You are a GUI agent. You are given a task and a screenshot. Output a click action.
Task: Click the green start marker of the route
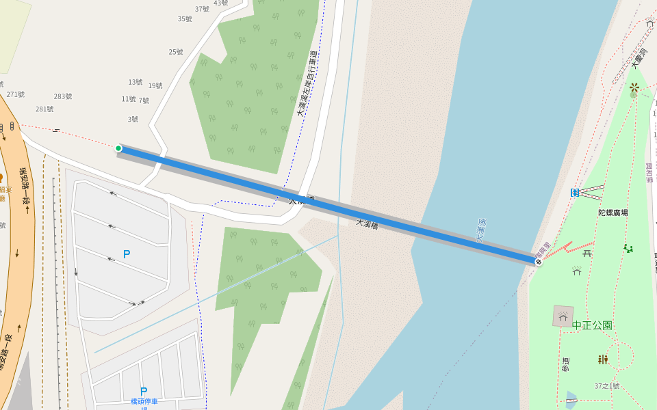tap(118, 148)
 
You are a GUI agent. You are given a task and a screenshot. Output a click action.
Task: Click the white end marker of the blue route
tap(539, 261)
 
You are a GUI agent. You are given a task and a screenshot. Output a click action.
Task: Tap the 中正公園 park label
tap(591, 325)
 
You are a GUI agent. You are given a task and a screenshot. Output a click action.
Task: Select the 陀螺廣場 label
tap(613, 213)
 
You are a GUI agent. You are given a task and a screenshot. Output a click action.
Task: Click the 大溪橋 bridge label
tap(367, 223)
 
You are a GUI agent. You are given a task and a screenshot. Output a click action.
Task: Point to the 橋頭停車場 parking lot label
tap(144, 402)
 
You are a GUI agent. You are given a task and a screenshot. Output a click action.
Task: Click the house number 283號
tap(63, 96)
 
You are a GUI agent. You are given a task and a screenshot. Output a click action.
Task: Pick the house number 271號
tap(15, 94)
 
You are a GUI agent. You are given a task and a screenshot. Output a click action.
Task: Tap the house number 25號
tap(176, 52)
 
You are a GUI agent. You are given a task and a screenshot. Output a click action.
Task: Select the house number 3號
tap(133, 119)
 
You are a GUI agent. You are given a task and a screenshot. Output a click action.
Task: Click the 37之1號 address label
tap(606, 386)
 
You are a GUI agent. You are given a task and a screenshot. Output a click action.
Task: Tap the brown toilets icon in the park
tap(602, 359)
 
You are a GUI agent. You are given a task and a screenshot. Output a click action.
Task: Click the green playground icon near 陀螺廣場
tap(628, 248)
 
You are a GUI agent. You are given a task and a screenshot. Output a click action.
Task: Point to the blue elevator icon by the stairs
tap(575, 193)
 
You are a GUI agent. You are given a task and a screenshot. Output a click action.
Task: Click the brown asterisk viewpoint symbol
tap(634, 87)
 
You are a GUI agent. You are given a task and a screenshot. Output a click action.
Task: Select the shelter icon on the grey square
tap(563, 316)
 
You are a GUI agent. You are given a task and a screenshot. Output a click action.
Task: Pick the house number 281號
tap(44, 109)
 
